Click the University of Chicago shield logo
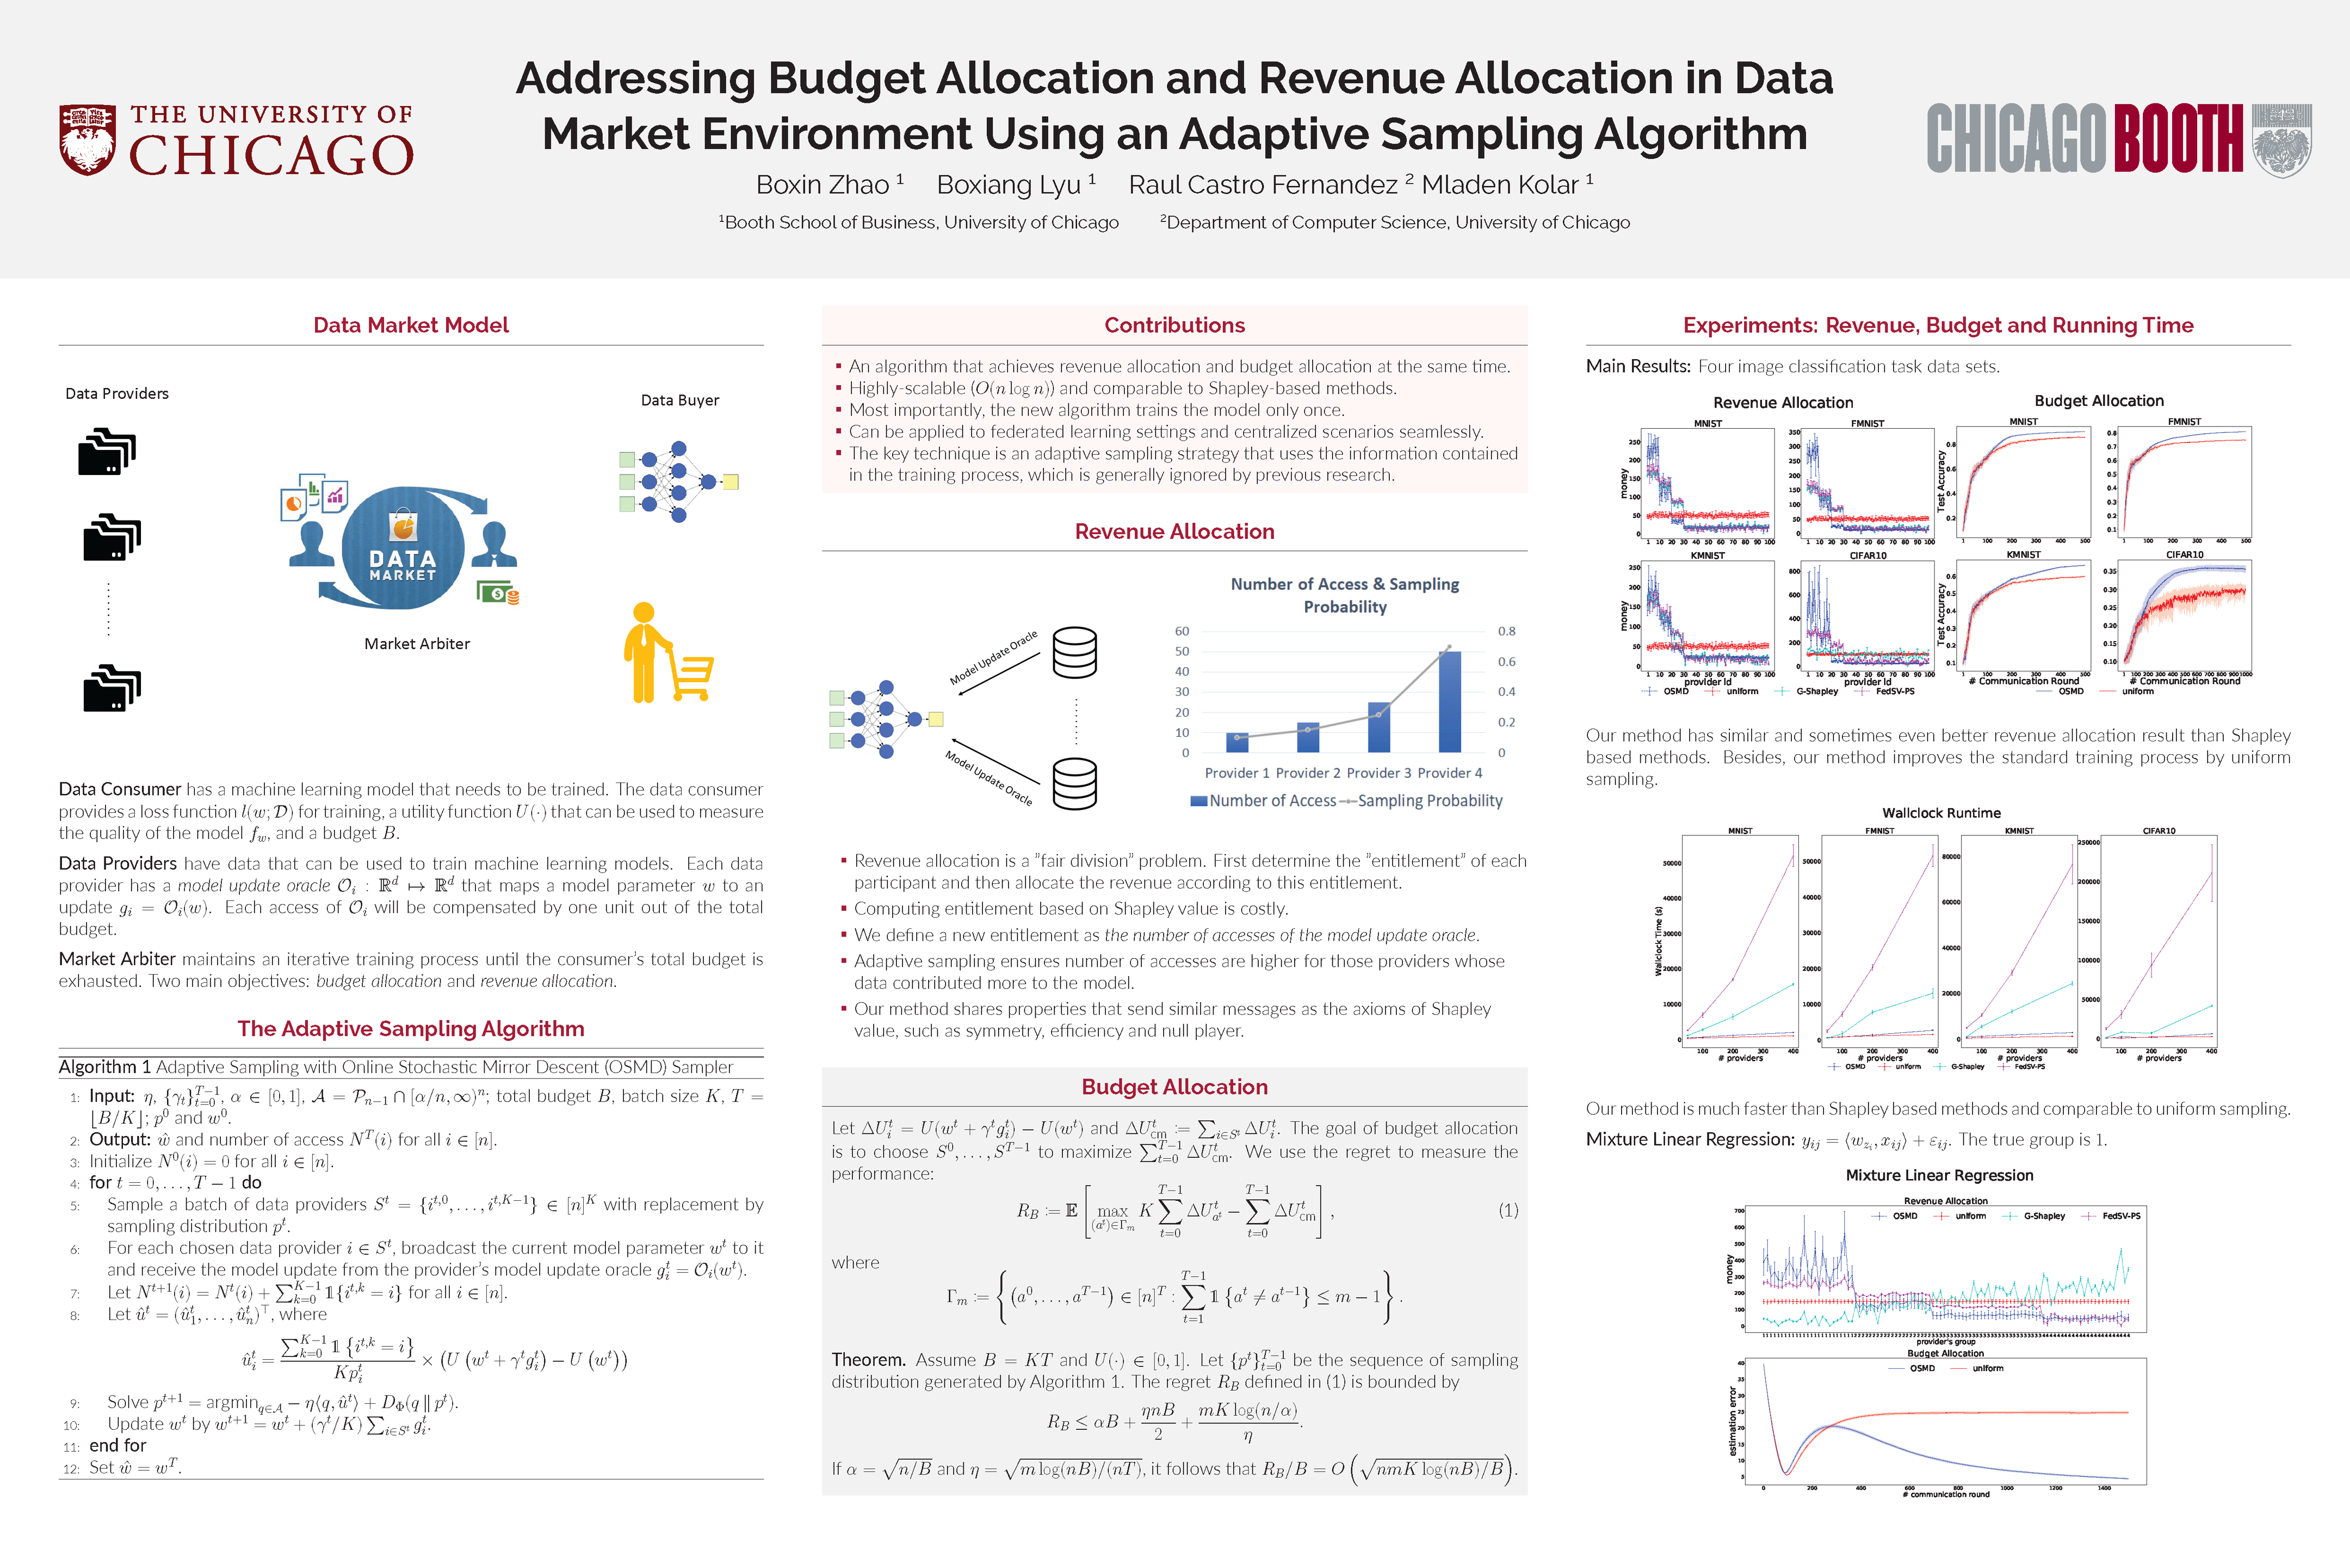[87, 140]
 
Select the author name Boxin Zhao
[822, 185]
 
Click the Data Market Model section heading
[411, 325]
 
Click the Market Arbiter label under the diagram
[417, 644]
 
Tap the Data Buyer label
[679, 400]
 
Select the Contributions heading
[1174, 325]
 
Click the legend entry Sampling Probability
[1429, 800]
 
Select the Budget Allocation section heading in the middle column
[1174, 1087]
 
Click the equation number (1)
[1508, 1210]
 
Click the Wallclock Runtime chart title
[1940, 812]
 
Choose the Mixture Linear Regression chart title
[1938, 1175]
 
